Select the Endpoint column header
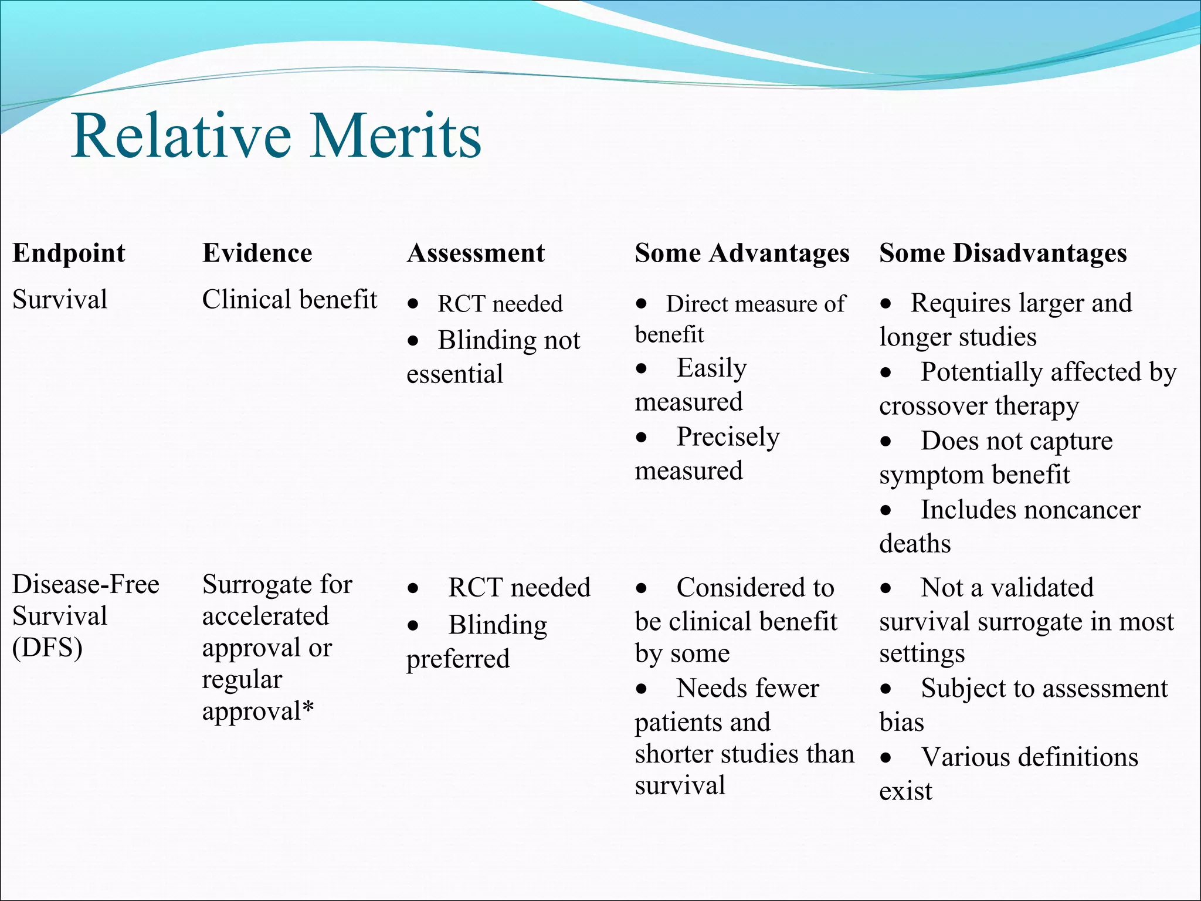tap(69, 253)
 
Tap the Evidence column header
tap(257, 253)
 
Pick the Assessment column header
tap(476, 253)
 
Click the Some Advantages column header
tap(742, 253)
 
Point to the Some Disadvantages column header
tap(1003, 253)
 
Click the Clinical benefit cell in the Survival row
tap(289, 300)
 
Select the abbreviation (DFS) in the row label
tap(48, 648)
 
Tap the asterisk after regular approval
tap(308, 709)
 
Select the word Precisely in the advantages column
tap(728, 437)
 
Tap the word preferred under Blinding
tap(458, 659)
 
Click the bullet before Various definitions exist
tap(886, 758)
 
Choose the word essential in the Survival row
tap(454, 374)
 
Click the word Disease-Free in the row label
tap(86, 584)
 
